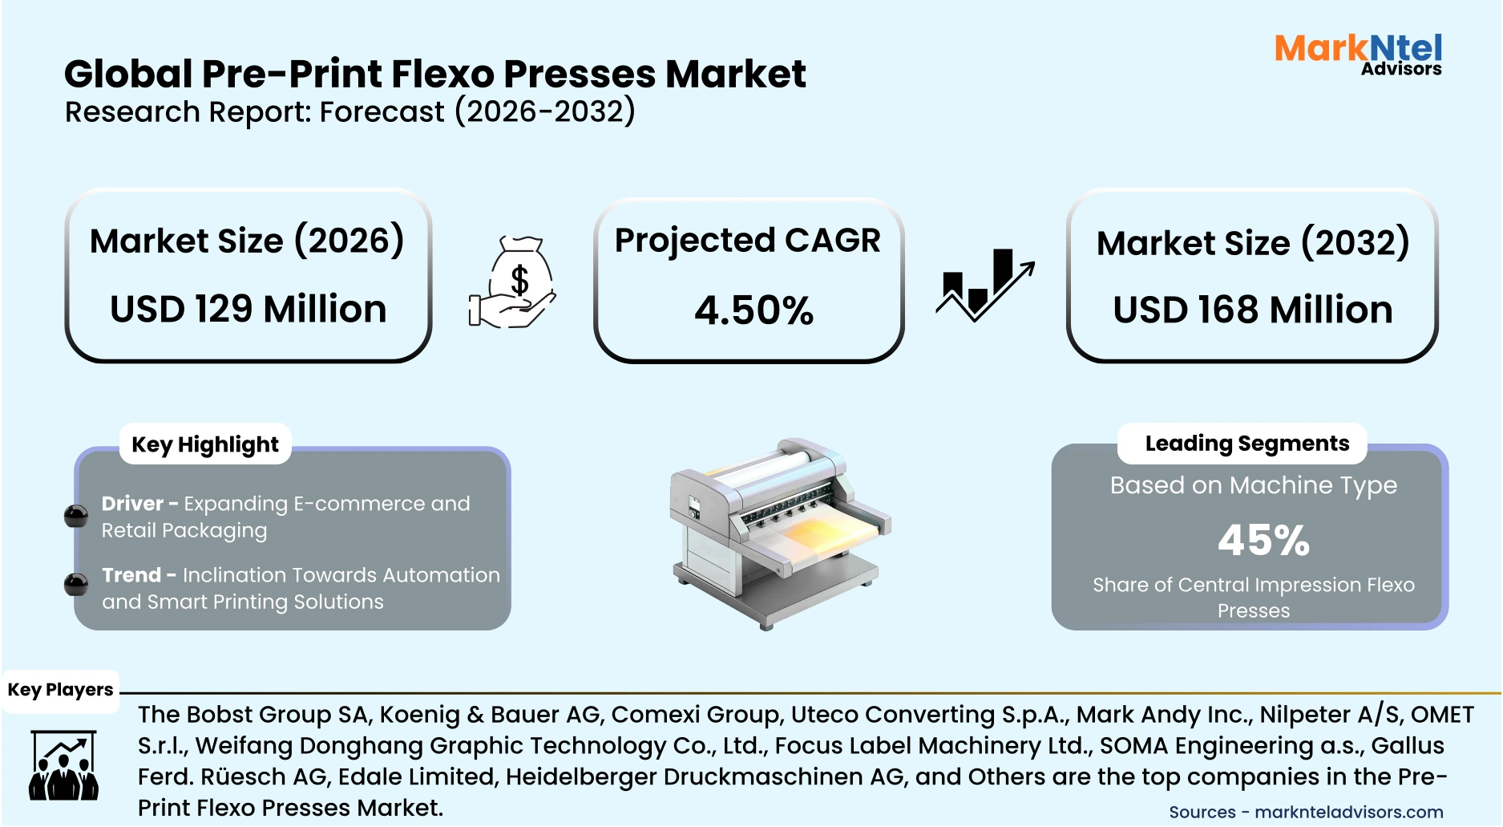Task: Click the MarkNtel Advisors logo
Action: pyautogui.click(x=1358, y=55)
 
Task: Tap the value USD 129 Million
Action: pyautogui.click(x=248, y=309)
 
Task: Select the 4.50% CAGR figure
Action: pyautogui.click(x=754, y=310)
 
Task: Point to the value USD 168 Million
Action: pyautogui.click(x=1252, y=310)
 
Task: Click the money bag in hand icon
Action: pyautogui.click(x=514, y=282)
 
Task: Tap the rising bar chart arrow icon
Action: pyautogui.click(x=985, y=284)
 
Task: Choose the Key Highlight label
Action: pyautogui.click(x=205, y=444)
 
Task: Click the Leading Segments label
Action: pyautogui.click(x=1246, y=444)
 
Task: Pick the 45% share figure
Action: pyautogui.click(x=1263, y=540)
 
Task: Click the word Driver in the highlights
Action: pyautogui.click(x=132, y=504)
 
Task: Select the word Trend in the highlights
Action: pyautogui.click(x=131, y=575)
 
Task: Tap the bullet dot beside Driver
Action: pyautogui.click(x=76, y=516)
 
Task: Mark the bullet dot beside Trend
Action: pyautogui.click(x=76, y=585)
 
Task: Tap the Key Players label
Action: pyautogui.click(x=60, y=690)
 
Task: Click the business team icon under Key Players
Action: pyautogui.click(x=63, y=766)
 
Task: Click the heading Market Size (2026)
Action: pyautogui.click(x=247, y=241)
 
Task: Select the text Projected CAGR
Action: pyautogui.click(x=747, y=240)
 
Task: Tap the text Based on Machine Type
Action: pyautogui.click(x=1253, y=485)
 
